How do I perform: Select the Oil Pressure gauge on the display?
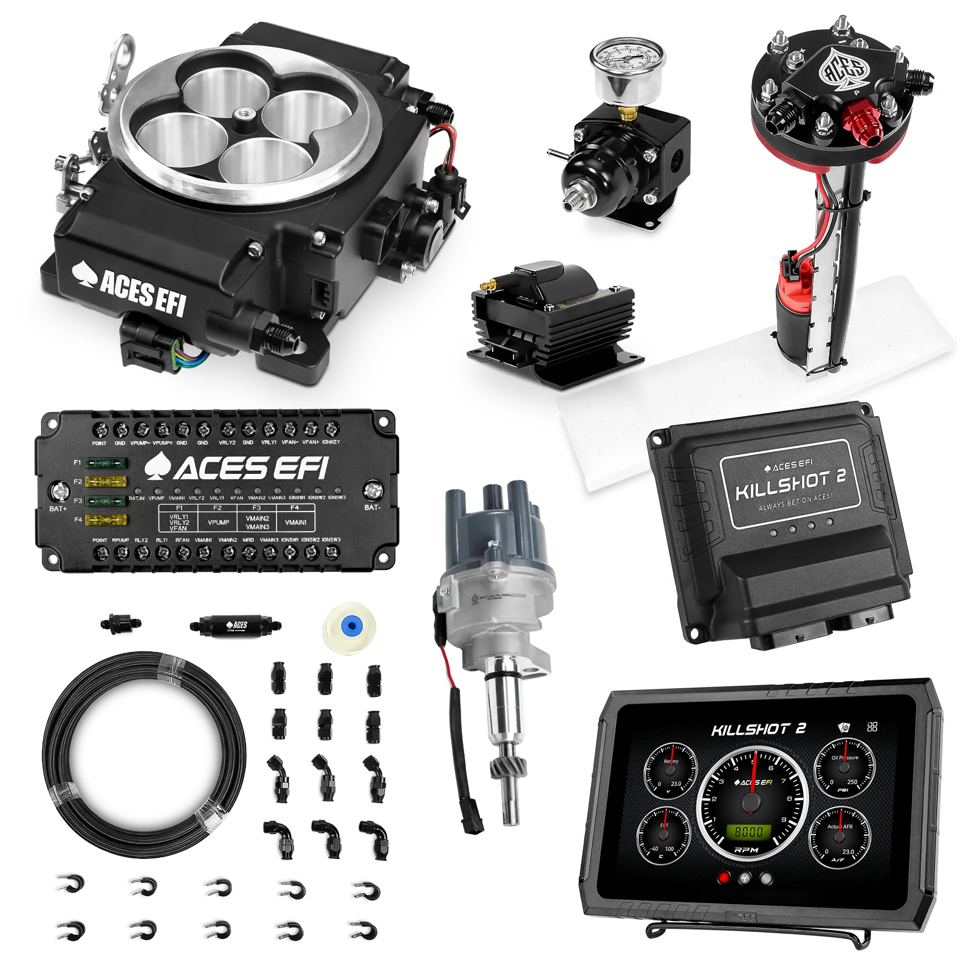point(845,768)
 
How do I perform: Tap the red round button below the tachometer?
point(724,878)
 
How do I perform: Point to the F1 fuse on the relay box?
point(106,463)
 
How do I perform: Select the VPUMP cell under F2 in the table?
point(218,522)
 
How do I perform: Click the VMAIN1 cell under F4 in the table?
point(295,522)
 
